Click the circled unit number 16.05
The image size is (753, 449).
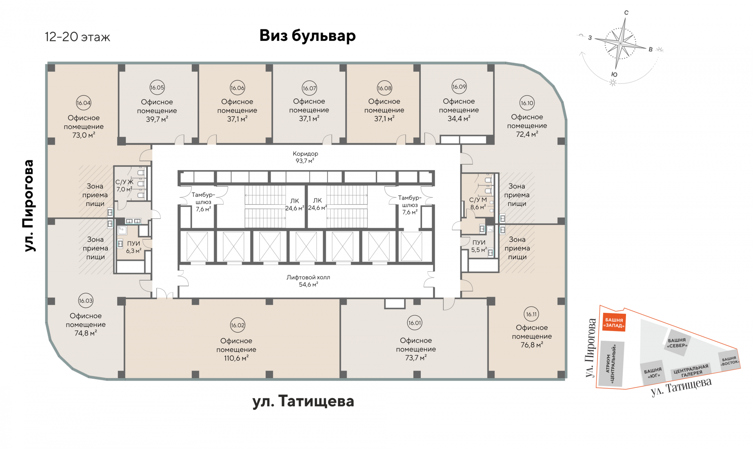157,88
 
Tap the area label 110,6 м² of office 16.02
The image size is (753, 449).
236,358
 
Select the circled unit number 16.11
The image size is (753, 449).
531,314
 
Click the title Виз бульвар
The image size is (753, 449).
307,36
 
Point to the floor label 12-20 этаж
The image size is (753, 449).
77,37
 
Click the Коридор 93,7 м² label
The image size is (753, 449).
305,157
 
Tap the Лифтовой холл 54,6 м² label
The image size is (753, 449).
308,281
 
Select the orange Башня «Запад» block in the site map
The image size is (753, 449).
614,322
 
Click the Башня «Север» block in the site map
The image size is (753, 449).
677,343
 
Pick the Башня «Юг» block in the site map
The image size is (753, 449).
653,373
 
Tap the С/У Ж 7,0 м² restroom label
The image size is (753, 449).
124,185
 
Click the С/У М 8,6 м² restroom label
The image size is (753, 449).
478,203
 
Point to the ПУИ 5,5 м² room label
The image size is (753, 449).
479,246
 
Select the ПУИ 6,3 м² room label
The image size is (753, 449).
133,247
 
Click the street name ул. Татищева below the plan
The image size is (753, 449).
303,401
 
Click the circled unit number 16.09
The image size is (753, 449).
459,87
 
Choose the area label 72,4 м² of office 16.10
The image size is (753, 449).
527,134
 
